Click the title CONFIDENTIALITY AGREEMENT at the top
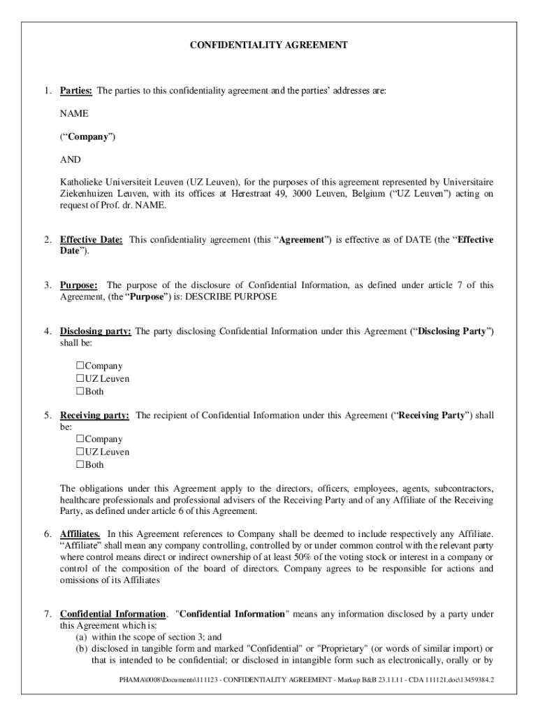(x=269, y=45)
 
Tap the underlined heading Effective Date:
(x=92, y=240)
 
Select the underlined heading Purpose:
(x=78, y=285)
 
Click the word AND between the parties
(x=71, y=160)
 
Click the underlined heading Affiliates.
(x=80, y=534)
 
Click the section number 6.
(x=47, y=534)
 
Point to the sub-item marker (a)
(x=81, y=637)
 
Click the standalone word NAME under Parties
(x=74, y=114)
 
